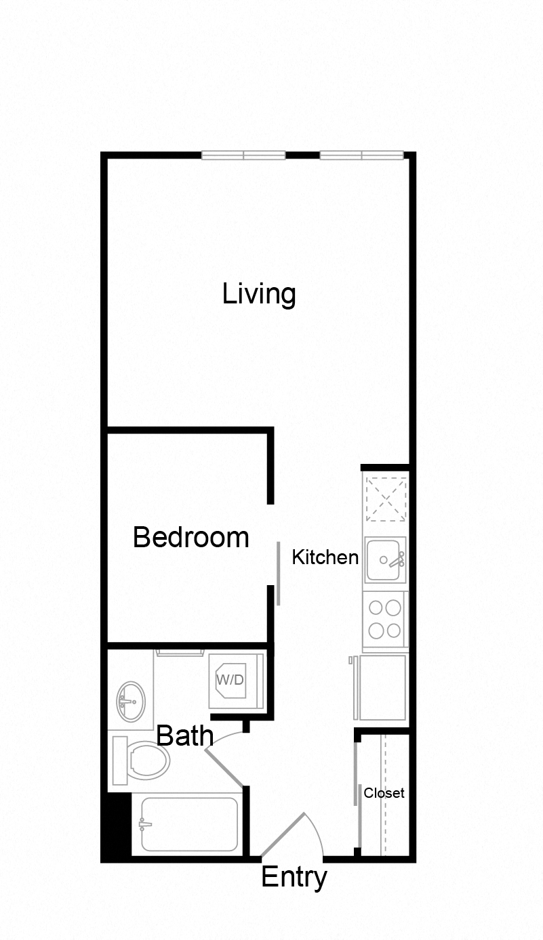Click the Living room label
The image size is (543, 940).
[259, 295]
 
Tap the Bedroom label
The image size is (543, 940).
[190, 537]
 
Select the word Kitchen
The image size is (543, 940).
[325, 557]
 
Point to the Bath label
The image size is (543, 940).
[184, 735]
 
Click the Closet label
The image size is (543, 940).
[384, 793]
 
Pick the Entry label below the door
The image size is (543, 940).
[294, 877]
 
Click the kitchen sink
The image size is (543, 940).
[385, 560]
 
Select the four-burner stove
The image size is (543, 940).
[384, 621]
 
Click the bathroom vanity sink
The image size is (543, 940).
[130, 702]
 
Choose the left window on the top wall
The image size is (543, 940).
[243, 155]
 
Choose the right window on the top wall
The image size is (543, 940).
[361, 155]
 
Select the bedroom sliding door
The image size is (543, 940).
[278, 573]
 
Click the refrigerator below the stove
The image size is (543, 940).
[382, 687]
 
